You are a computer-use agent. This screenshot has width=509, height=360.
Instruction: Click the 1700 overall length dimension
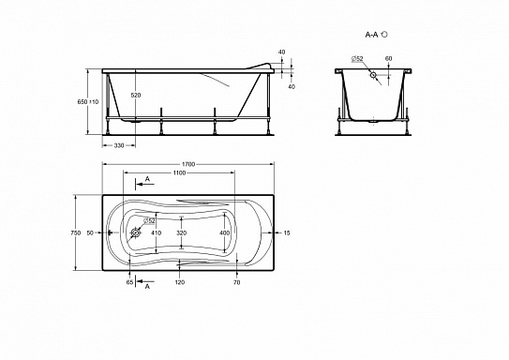[188, 164]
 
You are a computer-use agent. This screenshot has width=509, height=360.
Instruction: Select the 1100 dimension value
[179, 172]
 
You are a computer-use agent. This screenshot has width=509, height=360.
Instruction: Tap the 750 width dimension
[76, 232]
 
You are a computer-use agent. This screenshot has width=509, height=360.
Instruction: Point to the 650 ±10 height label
[88, 101]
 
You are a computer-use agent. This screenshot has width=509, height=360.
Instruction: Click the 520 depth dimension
[136, 95]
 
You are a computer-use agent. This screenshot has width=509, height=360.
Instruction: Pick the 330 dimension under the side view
[119, 145]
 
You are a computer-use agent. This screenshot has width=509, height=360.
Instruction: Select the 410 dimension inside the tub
[157, 232]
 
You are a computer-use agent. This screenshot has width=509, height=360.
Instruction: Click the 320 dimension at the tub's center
[182, 232]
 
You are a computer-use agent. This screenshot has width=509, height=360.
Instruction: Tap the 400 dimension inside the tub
[224, 232]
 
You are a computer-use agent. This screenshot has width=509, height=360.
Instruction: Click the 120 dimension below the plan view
[180, 282]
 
